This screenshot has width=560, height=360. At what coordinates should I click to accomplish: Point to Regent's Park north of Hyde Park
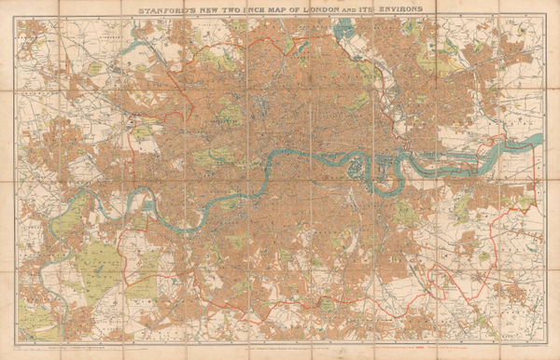[229, 115]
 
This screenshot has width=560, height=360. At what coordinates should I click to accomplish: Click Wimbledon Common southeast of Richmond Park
[140, 280]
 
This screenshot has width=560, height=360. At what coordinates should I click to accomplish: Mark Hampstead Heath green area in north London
[221, 60]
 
